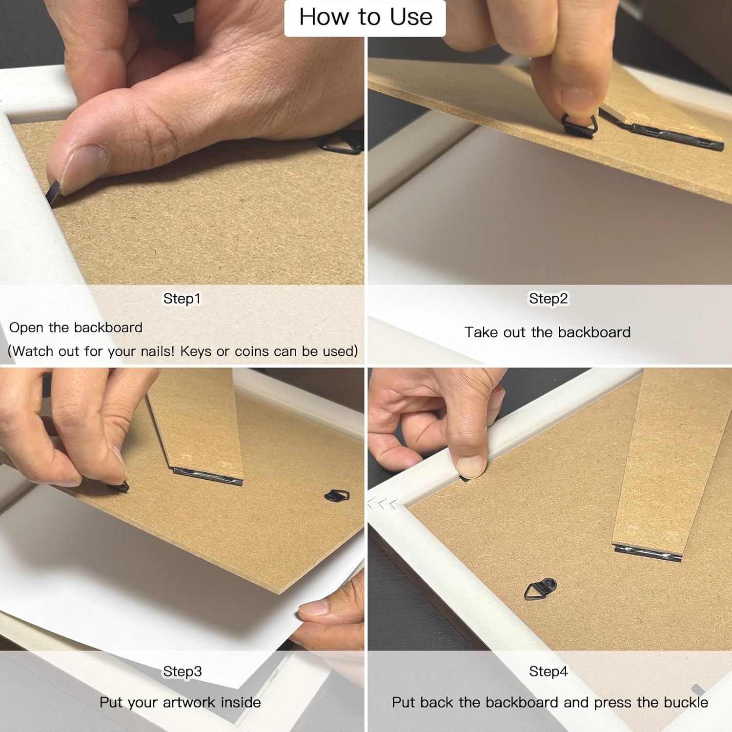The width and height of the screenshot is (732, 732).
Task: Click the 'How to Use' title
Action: (366, 17)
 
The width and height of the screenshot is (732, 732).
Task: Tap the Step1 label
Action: (182, 298)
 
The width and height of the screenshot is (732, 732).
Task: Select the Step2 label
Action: (549, 298)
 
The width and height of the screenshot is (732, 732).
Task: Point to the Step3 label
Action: (182, 671)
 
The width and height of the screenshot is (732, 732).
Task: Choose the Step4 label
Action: (549, 671)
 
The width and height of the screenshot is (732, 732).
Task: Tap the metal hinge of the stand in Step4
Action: (648, 554)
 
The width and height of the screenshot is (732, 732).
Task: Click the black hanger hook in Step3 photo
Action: (337, 496)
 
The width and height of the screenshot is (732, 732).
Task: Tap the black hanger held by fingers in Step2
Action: (578, 125)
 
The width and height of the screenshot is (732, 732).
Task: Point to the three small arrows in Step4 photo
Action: (383, 503)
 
